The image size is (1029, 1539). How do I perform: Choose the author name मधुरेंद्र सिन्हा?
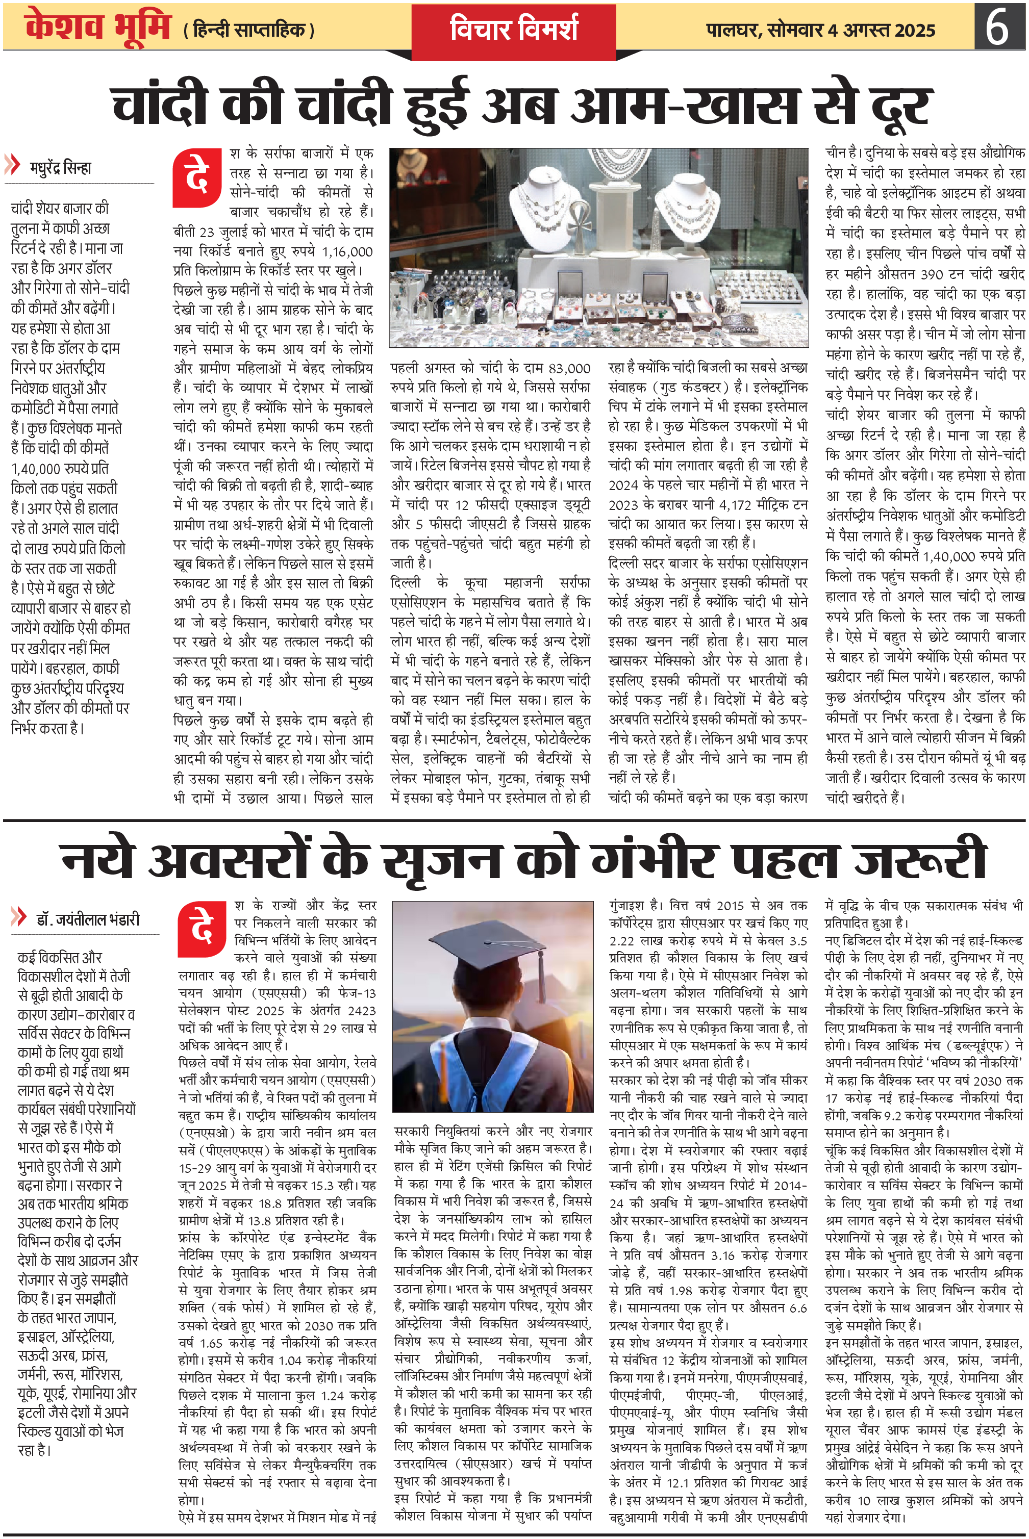tap(60, 167)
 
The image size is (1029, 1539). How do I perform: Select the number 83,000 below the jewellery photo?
tap(569, 369)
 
